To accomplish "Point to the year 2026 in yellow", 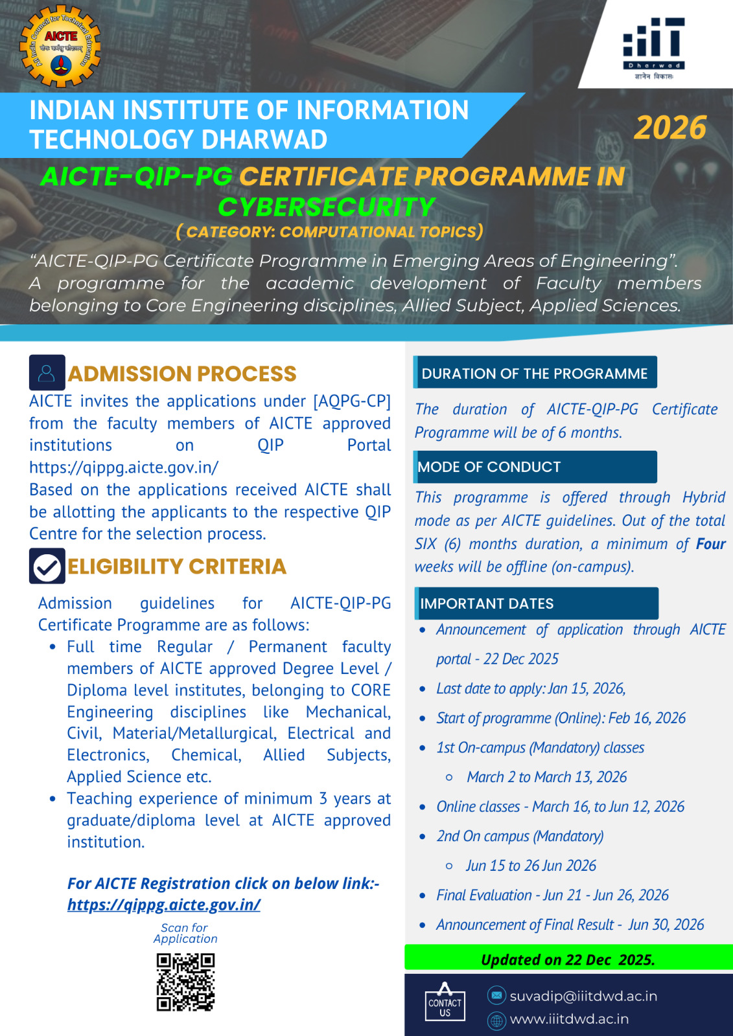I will click(x=670, y=128).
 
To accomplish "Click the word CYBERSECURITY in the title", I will click(x=326, y=207).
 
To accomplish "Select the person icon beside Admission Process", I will click(x=47, y=373).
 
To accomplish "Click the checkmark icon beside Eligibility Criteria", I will click(x=47, y=567).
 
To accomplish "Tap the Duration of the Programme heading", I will click(x=535, y=373).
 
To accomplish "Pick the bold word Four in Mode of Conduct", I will click(x=711, y=544).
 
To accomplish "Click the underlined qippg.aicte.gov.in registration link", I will click(x=164, y=905).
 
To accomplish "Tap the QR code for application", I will click(x=185, y=982).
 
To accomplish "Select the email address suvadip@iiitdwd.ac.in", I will click(x=583, y=996).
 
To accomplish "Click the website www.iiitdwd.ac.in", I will click(x=569, y=1019).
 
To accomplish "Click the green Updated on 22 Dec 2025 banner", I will click(x=568, y=959).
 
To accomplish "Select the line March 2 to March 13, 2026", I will click(x=546, y=777).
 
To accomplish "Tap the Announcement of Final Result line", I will click(x=570, y=925).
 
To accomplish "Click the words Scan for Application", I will click(x=185, y=933).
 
